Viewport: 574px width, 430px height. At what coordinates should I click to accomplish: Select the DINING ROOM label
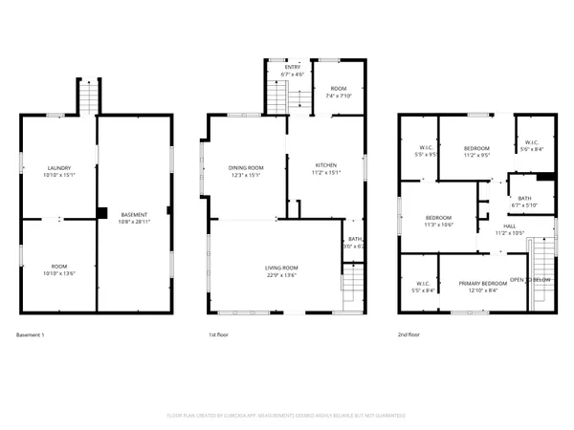pos(245,168)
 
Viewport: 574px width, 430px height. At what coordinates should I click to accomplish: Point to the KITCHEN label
pos(326,165)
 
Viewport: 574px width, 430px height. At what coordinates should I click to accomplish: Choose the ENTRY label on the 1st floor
pos(292,67)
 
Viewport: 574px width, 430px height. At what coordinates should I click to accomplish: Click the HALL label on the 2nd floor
pos(509,226)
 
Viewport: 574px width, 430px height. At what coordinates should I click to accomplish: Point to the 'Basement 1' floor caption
pos(31,335)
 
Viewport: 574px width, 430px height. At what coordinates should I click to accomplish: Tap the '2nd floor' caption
pos(409,335)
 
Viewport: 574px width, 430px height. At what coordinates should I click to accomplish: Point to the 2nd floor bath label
pos(524,198)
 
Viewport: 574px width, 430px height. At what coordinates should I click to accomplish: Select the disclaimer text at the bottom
pos(287,416)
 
